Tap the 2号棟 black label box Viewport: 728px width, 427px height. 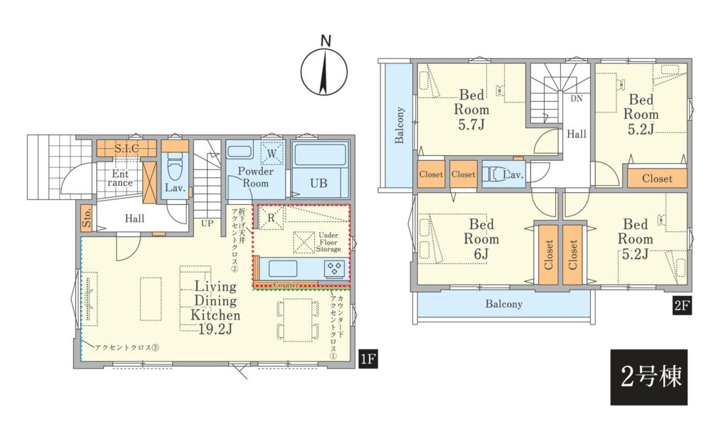point(648,376)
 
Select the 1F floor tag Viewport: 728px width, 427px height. point(368,359)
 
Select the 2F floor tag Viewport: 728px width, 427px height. point(682,306)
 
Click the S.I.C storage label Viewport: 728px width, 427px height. point(127,149)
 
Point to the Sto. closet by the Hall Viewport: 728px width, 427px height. point(87,218)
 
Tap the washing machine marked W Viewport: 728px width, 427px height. point(272,153)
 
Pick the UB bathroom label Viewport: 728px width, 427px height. point(318,183)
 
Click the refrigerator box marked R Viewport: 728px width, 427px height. point(271,218)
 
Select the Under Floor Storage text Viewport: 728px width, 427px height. point(328,242)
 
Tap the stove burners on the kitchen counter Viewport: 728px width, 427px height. point(335,269)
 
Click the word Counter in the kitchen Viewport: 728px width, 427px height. point(286,285)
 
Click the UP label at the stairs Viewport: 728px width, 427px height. point(207,223)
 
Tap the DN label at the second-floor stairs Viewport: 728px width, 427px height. point(576,98)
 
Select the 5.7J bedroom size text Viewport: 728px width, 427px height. point(471,125)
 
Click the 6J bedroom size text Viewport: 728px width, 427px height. point(481,254)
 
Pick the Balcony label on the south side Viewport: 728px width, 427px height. point(504,304)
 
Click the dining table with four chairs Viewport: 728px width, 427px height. point(298,320)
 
